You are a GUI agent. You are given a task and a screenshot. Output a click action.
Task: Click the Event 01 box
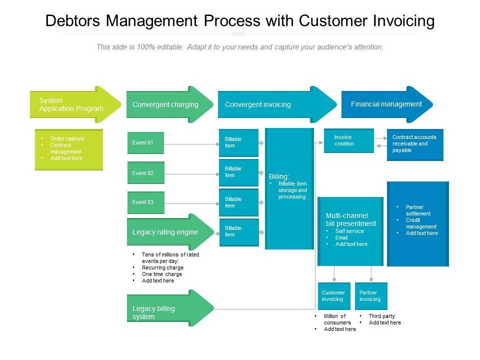145,143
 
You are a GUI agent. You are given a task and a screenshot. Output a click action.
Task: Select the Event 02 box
145,173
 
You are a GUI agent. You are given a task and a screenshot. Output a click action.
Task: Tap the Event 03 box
145,202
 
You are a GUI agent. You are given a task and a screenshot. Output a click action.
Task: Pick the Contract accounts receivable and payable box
415,144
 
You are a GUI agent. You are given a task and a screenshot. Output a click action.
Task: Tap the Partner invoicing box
371,296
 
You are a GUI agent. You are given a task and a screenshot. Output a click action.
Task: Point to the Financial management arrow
386,104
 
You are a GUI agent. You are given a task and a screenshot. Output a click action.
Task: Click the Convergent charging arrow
168,105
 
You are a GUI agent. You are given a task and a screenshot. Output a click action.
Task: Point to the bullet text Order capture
67,138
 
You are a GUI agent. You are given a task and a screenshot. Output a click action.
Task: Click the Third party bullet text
382,316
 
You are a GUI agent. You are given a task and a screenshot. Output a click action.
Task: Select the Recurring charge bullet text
162,267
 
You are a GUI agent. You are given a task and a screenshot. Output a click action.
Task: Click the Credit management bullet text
421,223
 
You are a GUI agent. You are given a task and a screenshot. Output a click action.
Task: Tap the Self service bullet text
349,231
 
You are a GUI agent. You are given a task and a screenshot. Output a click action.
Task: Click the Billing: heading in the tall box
279,176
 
